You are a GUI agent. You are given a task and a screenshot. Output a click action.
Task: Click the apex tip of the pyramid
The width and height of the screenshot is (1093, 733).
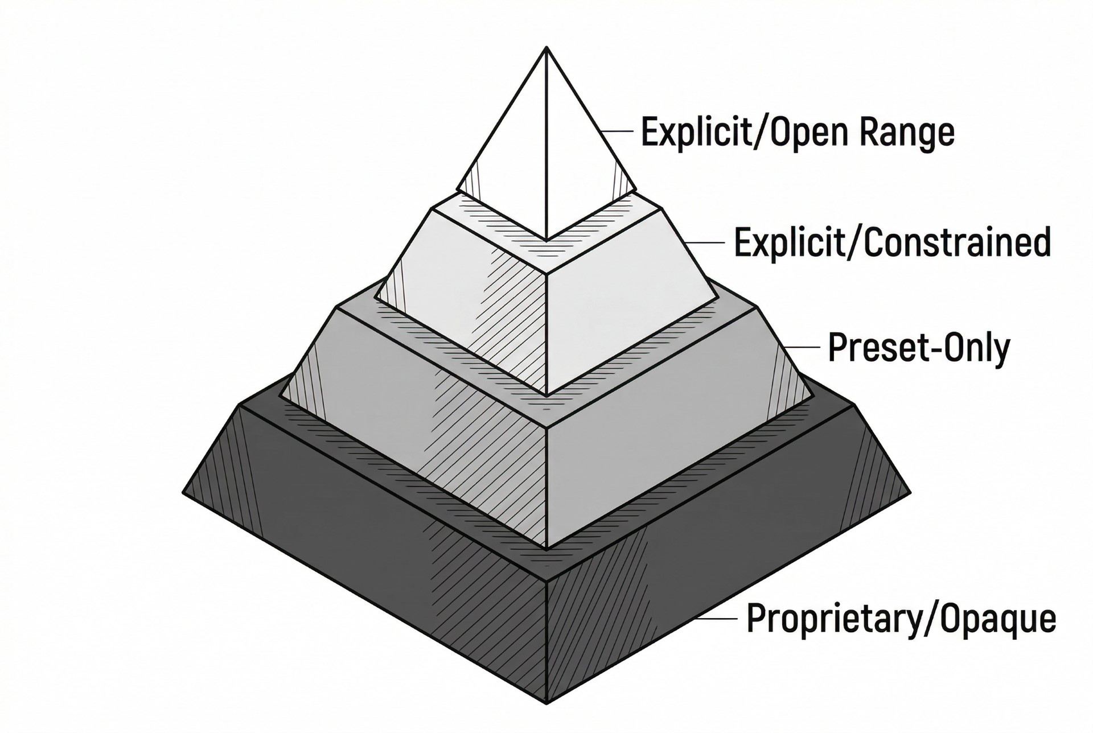click(546, 48)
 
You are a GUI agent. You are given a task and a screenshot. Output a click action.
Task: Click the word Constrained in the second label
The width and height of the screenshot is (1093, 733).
click(956, 242)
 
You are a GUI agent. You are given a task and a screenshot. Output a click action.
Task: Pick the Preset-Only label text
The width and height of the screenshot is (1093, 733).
click(918, 348)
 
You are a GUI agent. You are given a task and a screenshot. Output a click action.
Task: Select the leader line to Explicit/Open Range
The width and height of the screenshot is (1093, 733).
click(617, 131)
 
